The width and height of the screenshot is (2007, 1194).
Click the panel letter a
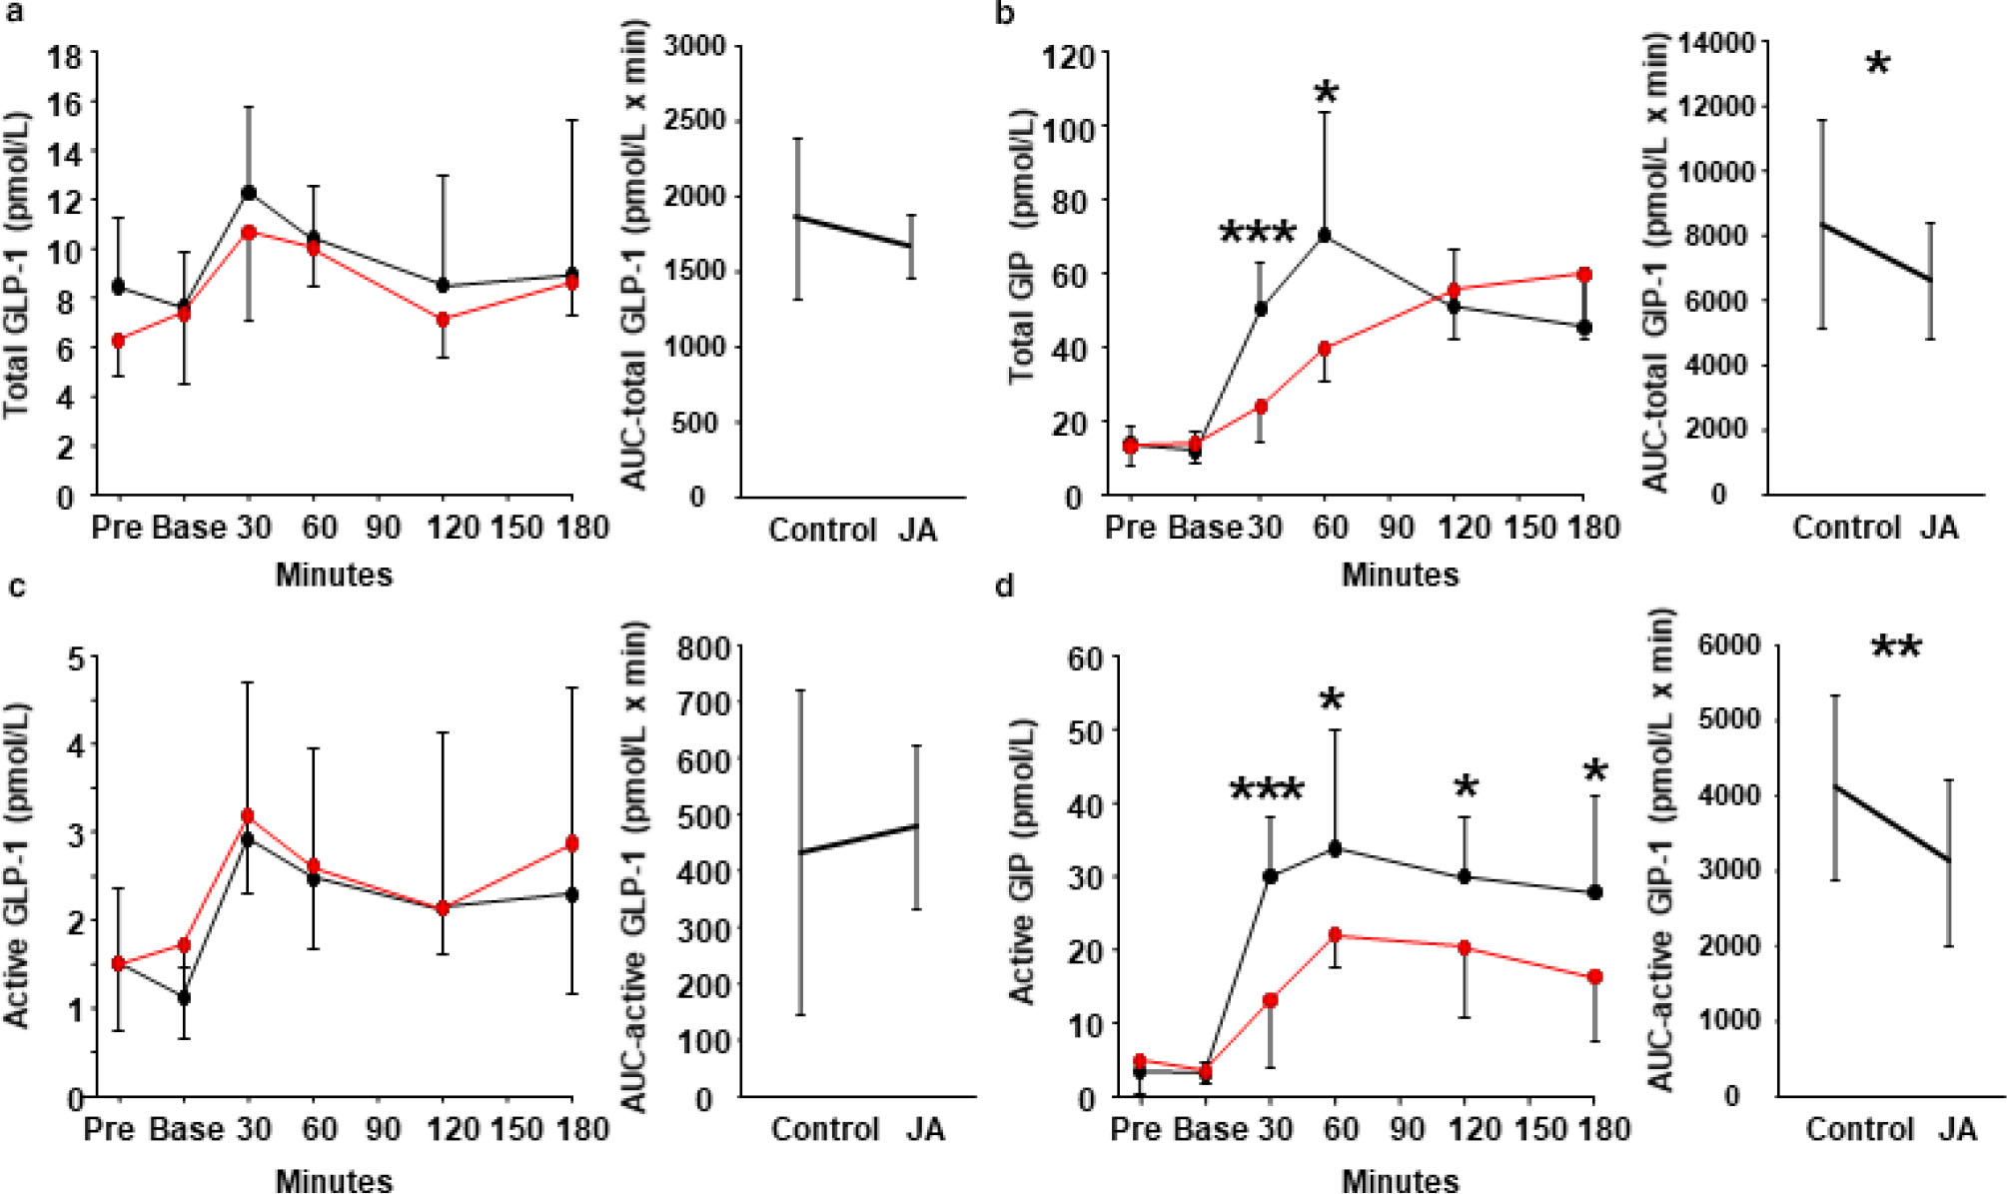point(14,14)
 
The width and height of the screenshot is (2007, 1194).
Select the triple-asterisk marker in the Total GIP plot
point(1258,233)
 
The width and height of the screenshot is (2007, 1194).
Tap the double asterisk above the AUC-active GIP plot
point(1895,648)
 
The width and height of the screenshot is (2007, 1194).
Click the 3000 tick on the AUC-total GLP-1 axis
point(695,46)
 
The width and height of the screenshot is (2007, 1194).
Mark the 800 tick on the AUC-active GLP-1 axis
point(703,649)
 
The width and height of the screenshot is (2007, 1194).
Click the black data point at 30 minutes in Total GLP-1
point(249,193)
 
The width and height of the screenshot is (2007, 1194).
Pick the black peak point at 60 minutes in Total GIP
point(1325,236)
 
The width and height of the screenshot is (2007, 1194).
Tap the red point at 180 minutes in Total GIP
point(1584,274)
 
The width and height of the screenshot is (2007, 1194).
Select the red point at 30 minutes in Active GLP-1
point(248,815)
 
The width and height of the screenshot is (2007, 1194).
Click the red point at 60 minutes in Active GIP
point(1335,934)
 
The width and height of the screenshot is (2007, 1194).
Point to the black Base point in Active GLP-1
point(184,997)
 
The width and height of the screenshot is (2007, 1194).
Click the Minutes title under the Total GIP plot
point(1400,575)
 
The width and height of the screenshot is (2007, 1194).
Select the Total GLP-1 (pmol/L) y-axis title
point(17,265)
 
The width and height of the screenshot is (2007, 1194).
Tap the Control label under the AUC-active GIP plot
point(1859,1129)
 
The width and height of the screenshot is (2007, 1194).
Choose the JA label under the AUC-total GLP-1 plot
point(917,530)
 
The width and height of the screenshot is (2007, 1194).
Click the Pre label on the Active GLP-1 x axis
point(109,1129)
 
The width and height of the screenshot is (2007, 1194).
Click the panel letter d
point(1004,587)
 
